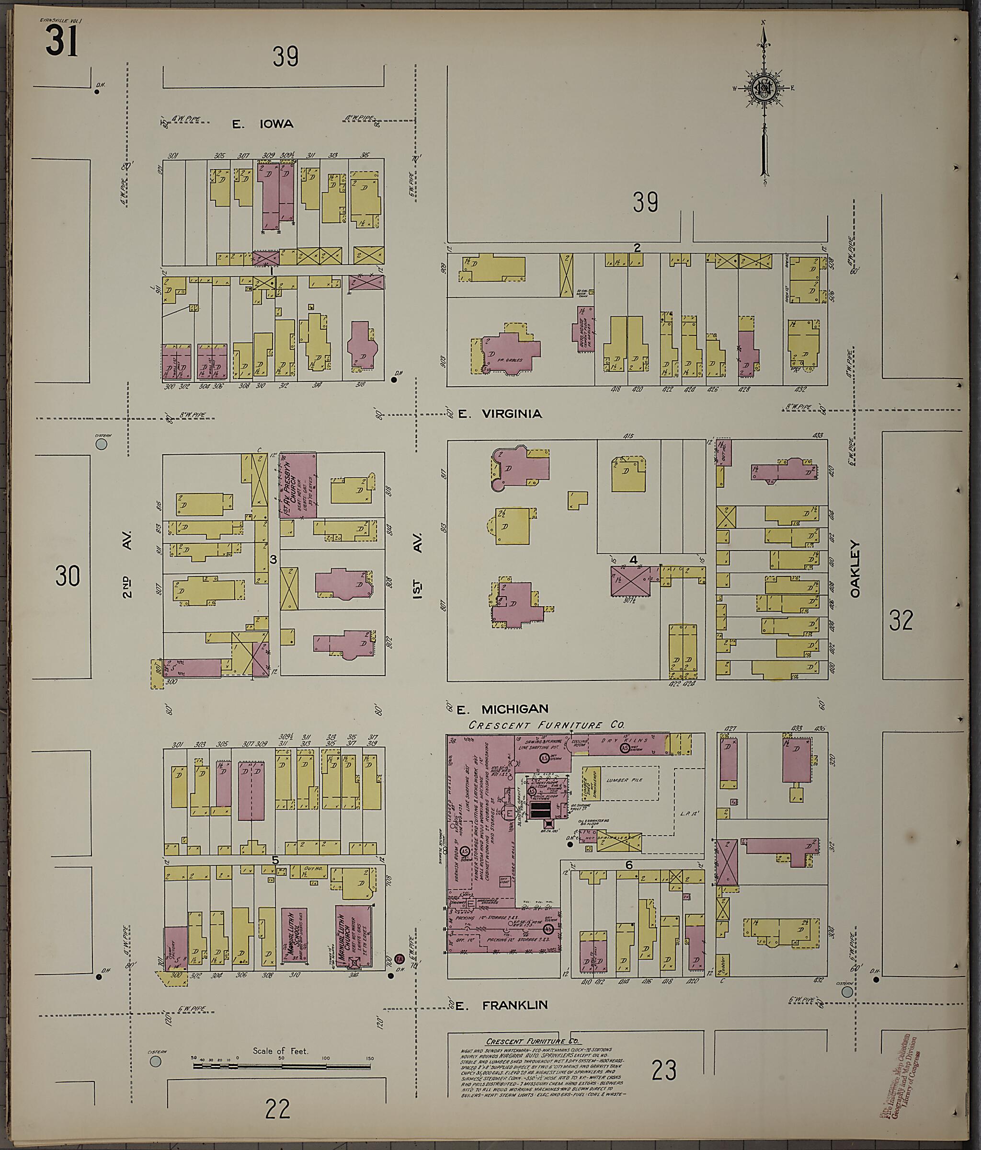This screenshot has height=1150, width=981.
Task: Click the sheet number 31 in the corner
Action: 62,42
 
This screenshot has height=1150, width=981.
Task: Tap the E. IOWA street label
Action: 262,124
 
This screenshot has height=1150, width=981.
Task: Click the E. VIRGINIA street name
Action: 500,414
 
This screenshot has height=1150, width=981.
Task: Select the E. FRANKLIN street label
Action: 502,1005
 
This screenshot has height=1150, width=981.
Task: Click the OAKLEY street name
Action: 855,569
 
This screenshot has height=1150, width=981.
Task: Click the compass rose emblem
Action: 764,89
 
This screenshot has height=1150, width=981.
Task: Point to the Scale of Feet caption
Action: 280,1051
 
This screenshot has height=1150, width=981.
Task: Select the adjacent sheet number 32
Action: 901,621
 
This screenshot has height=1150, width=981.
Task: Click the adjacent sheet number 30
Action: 67,576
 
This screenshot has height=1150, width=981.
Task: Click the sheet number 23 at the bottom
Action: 664,1070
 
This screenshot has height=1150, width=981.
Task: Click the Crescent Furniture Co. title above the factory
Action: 546,725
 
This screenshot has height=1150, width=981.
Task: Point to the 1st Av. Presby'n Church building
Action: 298,485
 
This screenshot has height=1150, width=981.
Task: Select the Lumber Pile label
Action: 625,780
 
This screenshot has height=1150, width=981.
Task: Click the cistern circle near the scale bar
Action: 156,1061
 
